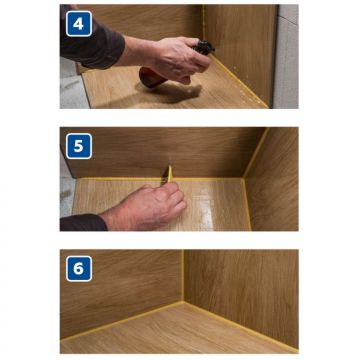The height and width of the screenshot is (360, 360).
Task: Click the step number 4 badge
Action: coord(79,24)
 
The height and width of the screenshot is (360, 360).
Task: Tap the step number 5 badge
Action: coord(79,146)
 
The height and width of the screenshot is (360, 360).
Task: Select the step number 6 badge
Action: coord(79,269)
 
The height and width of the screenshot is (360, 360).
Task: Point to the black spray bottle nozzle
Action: coord(204,48)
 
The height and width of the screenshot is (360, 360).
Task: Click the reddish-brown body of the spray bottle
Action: coord(151,77)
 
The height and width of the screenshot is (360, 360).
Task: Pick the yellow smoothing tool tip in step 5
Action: coord(170,173)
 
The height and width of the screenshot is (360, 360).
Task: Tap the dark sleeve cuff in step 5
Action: coord(83,223)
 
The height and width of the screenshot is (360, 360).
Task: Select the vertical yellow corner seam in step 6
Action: coord(182,275)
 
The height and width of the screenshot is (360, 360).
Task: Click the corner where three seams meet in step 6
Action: coord(183,302)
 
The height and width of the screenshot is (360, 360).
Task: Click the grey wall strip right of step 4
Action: coord(286,56)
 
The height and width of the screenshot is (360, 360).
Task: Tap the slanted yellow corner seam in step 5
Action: coord(255,153)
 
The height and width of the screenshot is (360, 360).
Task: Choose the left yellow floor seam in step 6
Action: coord(122,321)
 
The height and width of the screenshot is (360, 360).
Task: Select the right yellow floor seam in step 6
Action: coord(241,327)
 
